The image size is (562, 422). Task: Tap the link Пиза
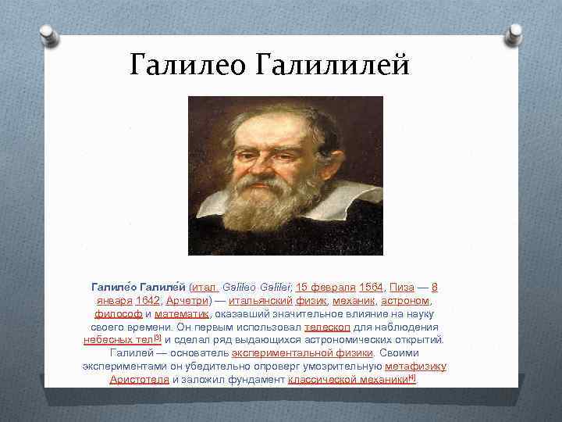[402, 287]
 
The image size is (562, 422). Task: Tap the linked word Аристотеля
[139, 380]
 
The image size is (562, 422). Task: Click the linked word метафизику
[415, 367]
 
